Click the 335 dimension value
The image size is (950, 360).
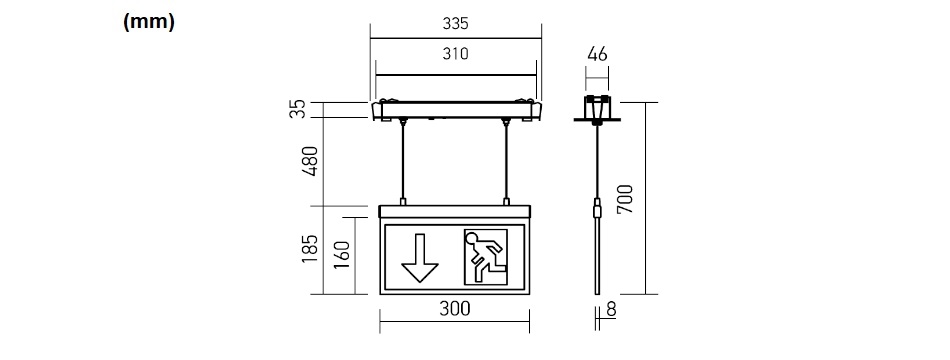455,24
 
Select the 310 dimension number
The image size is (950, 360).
455,54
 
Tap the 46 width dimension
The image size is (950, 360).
597,54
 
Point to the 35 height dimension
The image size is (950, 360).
297,110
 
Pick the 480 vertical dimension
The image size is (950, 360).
310,161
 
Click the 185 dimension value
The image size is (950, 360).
310,248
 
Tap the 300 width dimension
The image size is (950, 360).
454,308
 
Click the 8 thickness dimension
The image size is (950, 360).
611,310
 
